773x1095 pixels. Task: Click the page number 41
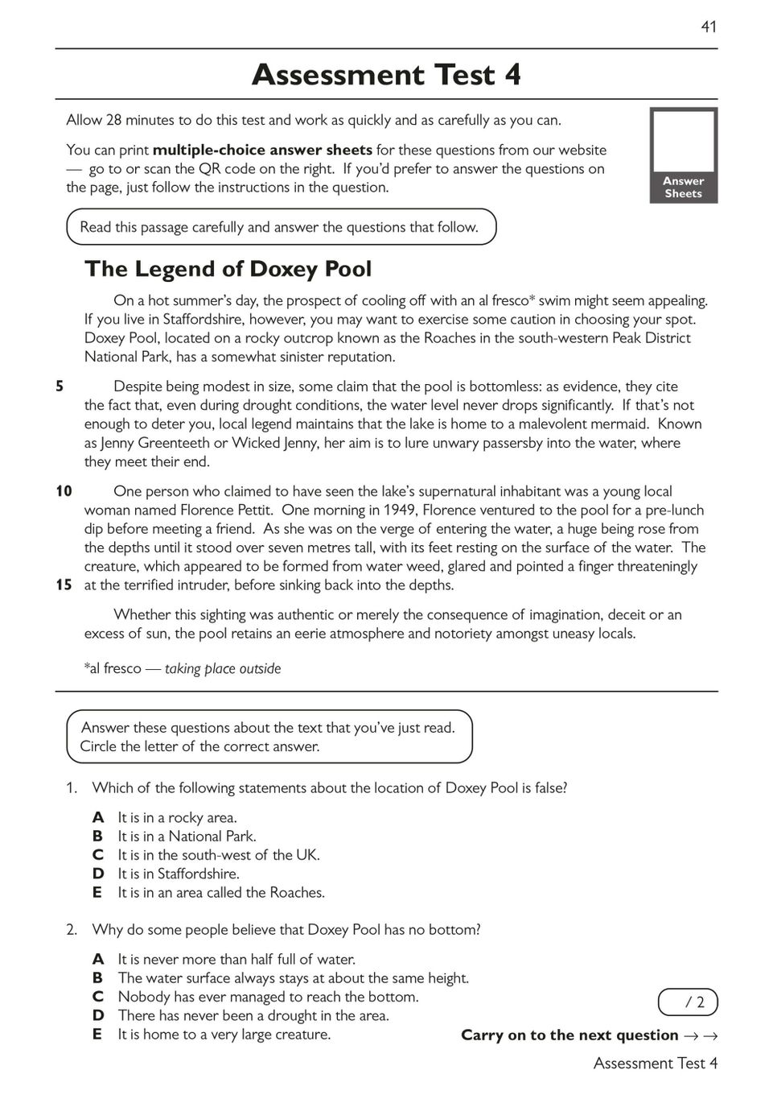[708, 27]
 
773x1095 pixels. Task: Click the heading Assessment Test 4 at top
[386, 75]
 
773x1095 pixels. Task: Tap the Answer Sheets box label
[683, 188]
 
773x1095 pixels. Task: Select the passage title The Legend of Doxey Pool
[228, 269]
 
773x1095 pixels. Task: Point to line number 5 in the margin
[60, 386]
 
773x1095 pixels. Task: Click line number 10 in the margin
[64, 491]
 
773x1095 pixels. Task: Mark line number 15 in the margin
[64, 585]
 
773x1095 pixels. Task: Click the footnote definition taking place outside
[223, 668]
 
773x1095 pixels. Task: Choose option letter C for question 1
[98, 855]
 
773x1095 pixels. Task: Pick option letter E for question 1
[97, 892]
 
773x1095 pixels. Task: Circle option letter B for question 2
[97, 977]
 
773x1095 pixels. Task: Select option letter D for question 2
[98, 1015]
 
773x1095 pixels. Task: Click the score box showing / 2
[688, 1002]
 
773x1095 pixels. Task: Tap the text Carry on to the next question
[569, 1035]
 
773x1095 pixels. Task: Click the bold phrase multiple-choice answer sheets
[262, 150]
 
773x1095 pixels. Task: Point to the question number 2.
[72, 930]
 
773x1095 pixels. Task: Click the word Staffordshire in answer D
[198, 874]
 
